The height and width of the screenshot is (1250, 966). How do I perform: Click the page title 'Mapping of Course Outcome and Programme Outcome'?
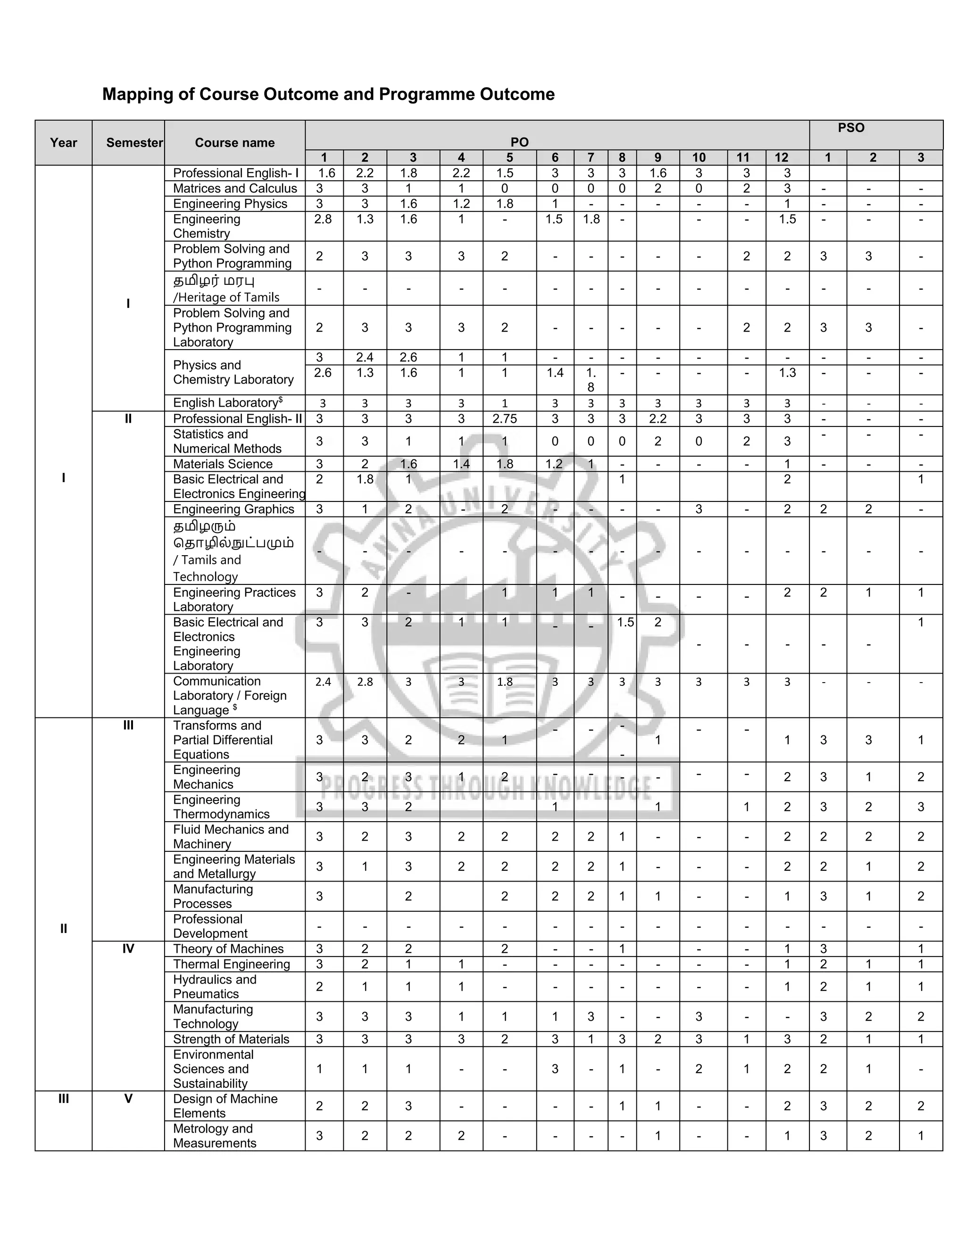coord(328,94)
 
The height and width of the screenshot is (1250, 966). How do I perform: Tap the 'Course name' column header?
coord(234,142)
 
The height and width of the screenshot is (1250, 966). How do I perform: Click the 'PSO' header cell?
coord(850,128)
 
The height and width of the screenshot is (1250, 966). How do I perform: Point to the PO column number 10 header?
coord(698,158)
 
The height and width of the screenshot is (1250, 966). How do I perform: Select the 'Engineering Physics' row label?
coord(230,204)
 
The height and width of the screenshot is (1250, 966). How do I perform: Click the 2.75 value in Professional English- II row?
coord(504,419)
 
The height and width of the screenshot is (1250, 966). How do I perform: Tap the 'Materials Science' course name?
coord(223,464)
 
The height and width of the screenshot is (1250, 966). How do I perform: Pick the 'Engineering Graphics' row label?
coord(233,509)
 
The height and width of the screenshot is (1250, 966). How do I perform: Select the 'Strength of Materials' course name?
coord(231,1039)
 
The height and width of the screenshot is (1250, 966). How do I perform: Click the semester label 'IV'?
coord(128,949)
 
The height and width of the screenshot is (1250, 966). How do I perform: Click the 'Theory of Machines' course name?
coord(228,949)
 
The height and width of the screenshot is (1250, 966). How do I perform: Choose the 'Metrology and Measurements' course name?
coord(214,1135)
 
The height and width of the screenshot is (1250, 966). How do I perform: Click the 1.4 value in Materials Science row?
coord(461,464)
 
